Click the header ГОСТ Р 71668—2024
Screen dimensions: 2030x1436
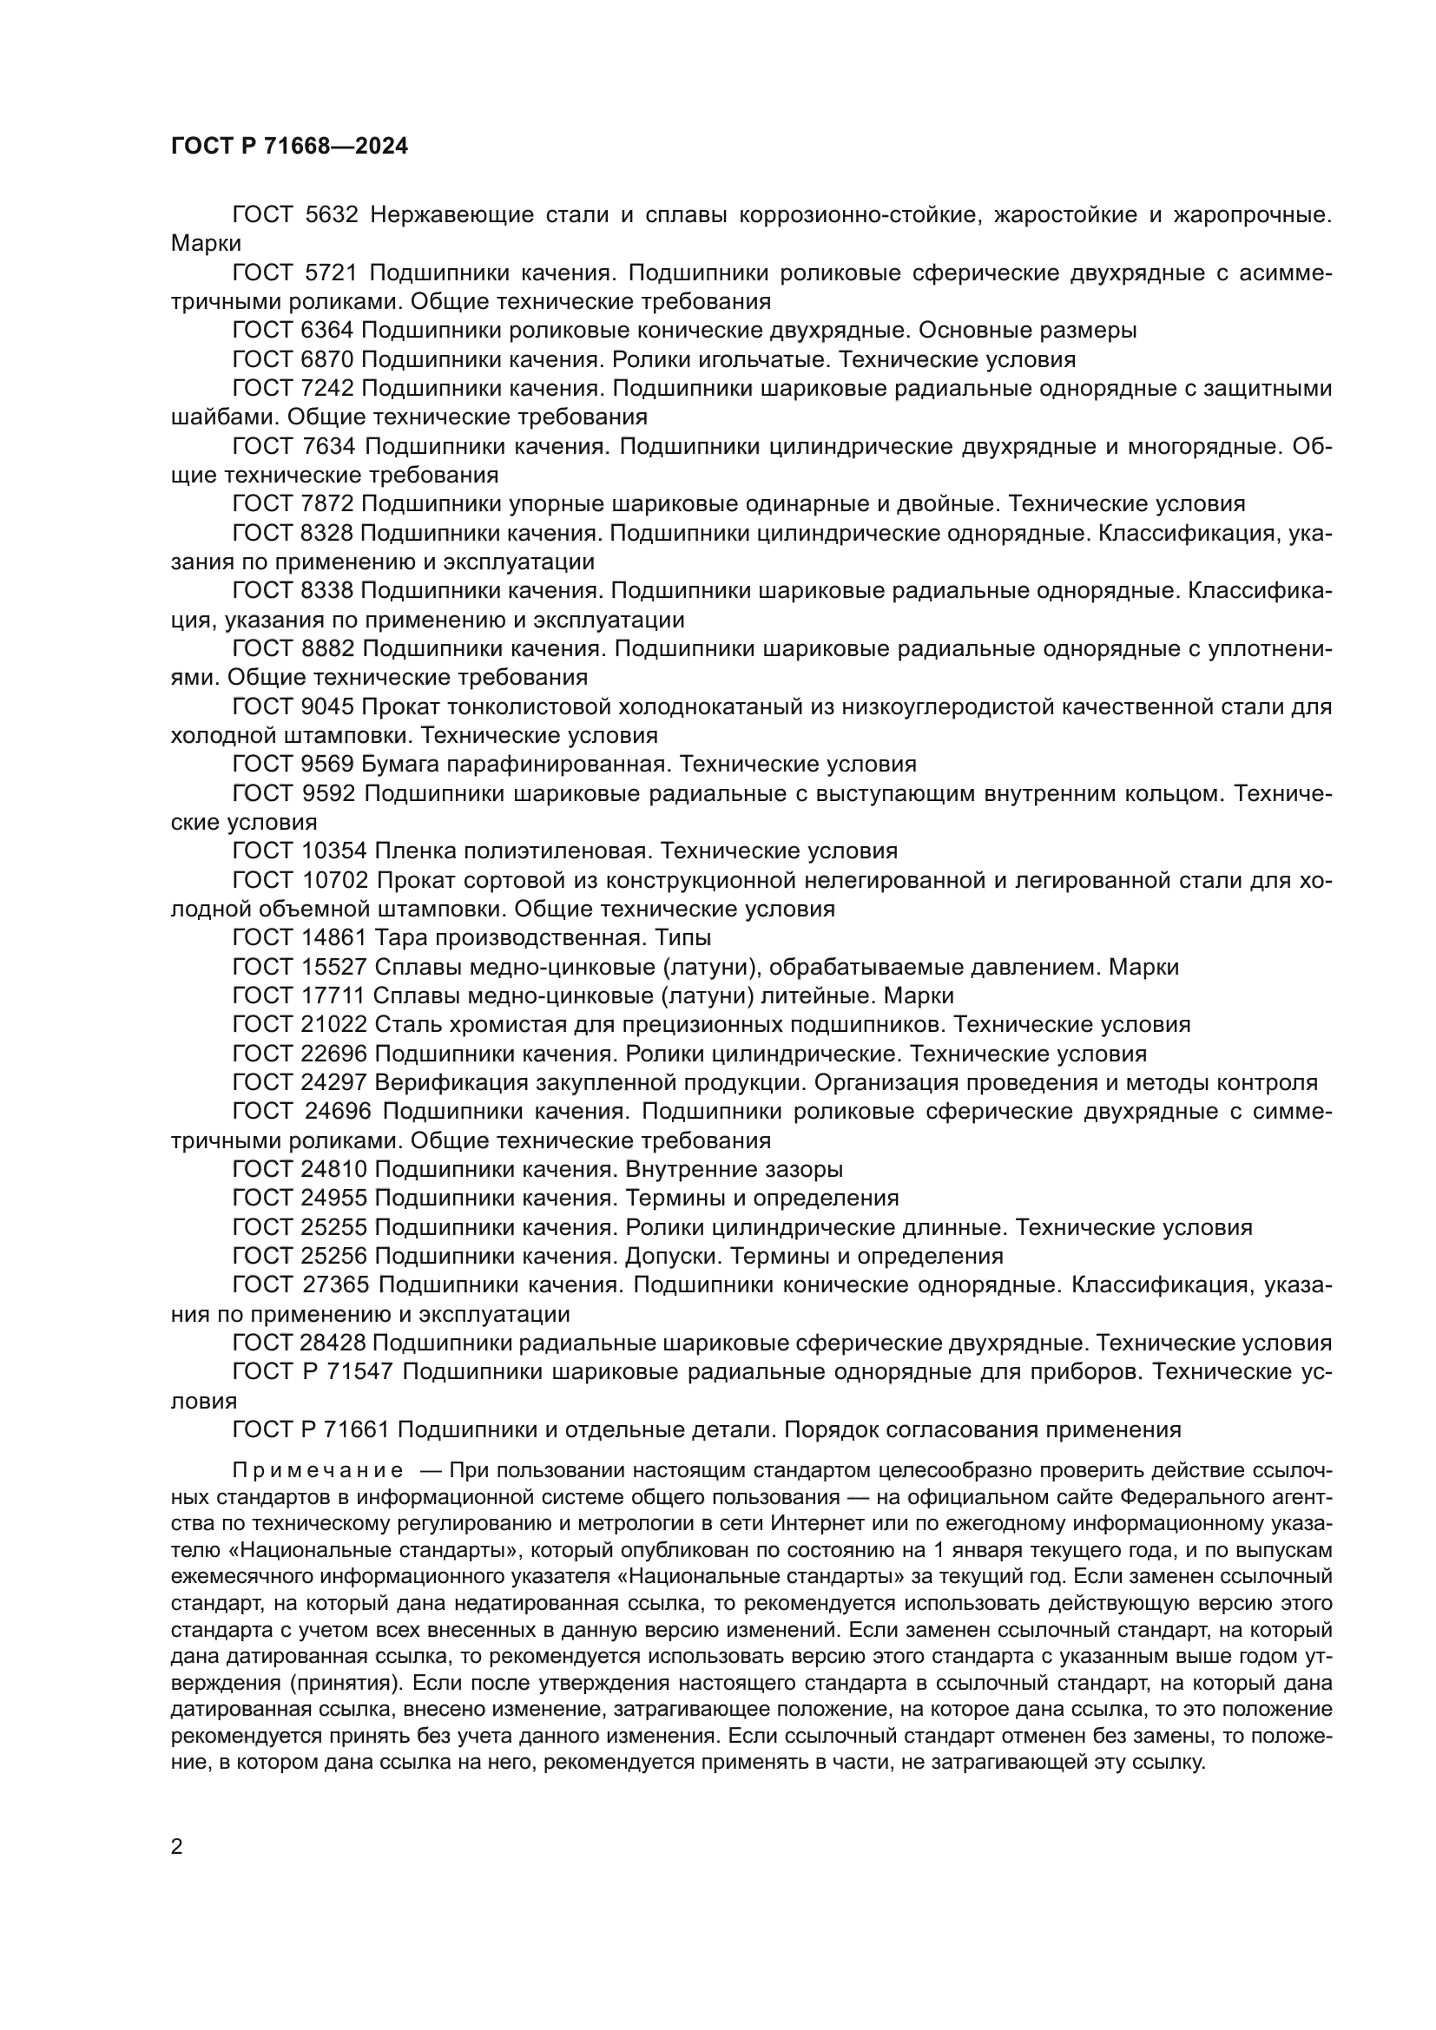289,147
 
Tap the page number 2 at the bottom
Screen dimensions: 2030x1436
177,1846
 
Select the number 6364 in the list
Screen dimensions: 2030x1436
327,331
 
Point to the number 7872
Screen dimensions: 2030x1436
327,504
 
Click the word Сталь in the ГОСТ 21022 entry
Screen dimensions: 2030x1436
402,1025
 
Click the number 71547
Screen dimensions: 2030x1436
366,1372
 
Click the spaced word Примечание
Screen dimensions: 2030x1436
318,1470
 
